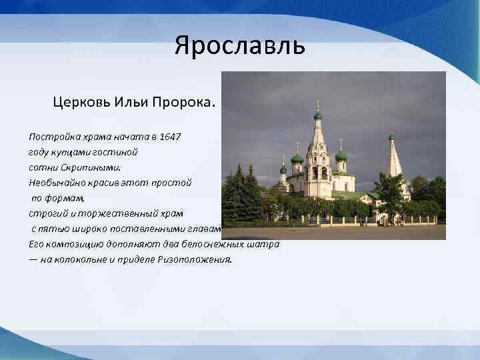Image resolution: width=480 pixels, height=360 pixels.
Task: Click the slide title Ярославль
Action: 239,47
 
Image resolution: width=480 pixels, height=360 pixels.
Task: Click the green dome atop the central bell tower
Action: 317,115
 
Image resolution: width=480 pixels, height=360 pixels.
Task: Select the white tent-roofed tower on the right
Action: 393,163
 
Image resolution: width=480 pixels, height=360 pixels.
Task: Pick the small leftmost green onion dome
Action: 283,170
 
